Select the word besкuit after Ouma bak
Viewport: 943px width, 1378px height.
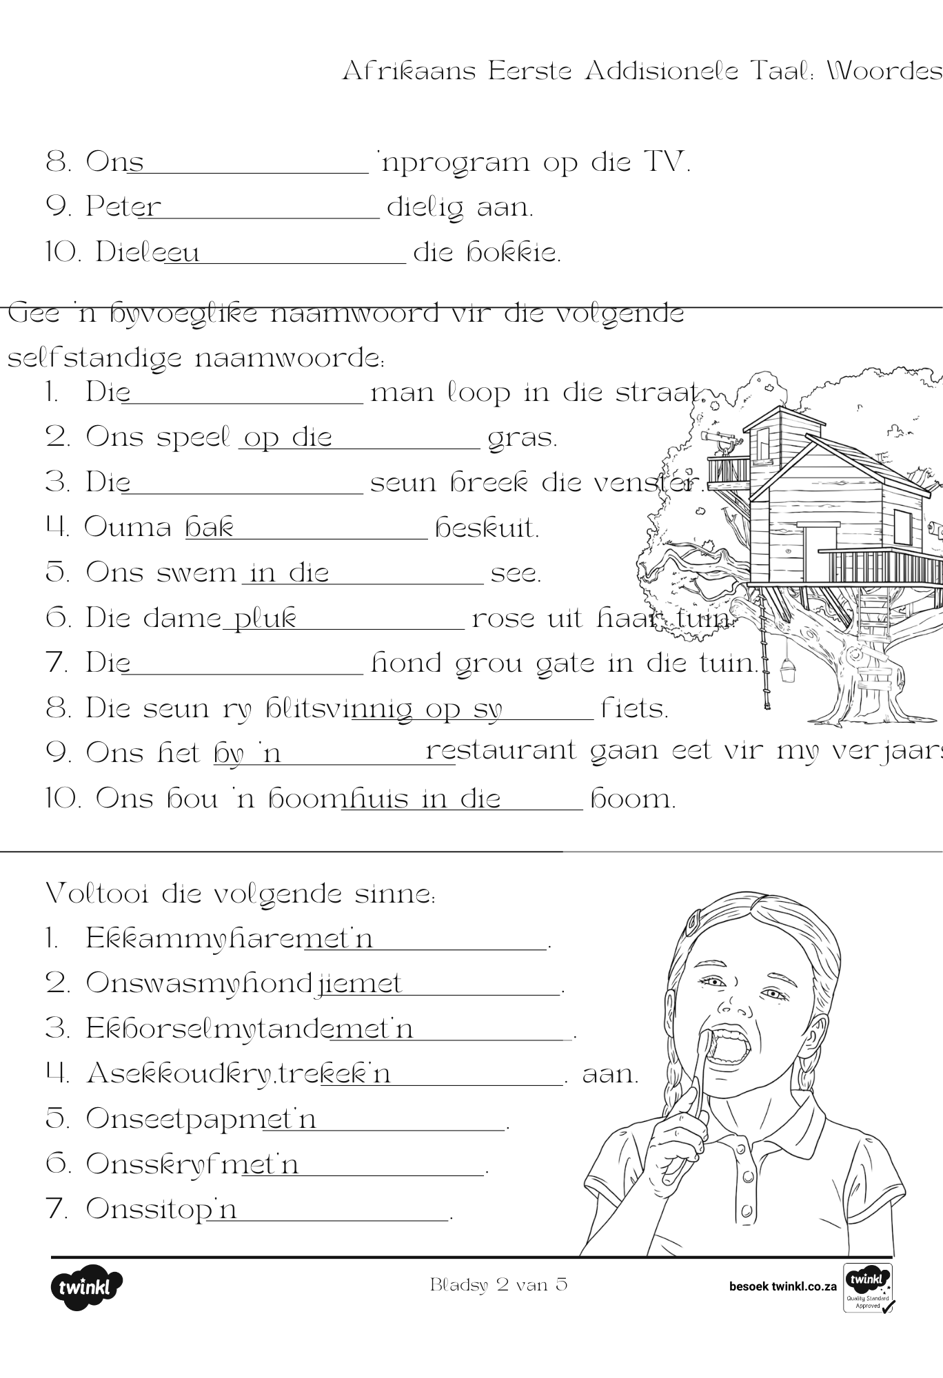pos(487,528)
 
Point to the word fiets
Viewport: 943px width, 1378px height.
pos(635,708)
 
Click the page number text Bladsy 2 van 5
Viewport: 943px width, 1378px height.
pos(498,1284)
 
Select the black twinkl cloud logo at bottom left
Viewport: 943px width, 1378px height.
pos(86,1286)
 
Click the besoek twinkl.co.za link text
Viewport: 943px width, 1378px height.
pos(782,1286)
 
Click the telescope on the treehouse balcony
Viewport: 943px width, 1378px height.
pos(721,440)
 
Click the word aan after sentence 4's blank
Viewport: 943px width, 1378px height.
pos(610,1074)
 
